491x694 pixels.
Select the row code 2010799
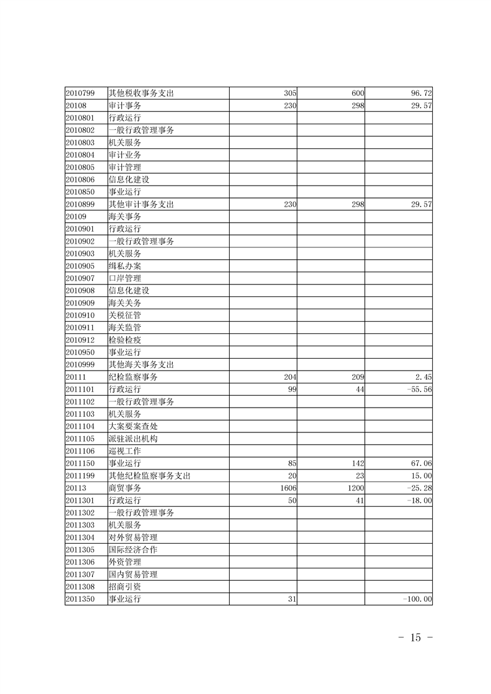coord(80,93)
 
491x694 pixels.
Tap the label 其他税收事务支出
coord(141,93)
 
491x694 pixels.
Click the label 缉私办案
coord(124,266)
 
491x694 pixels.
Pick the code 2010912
coord(80,340)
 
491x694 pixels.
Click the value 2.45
coord(424,377)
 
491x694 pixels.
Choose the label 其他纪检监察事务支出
coord(149,476)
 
